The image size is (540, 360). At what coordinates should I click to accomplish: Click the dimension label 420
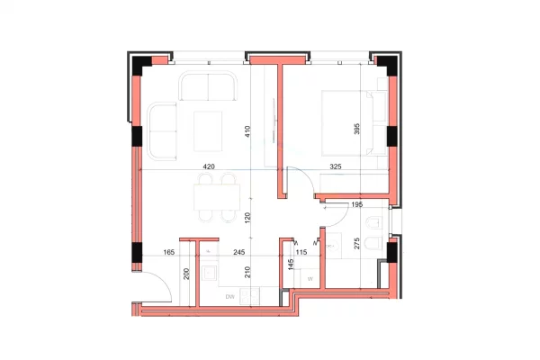click(209, 166)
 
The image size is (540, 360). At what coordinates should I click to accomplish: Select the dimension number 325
click(336, 166)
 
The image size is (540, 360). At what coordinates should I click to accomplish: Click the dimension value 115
click(301, 253)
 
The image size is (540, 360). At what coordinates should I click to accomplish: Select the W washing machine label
click(310, 279)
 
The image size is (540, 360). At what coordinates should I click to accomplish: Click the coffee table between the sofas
click(208, 131)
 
